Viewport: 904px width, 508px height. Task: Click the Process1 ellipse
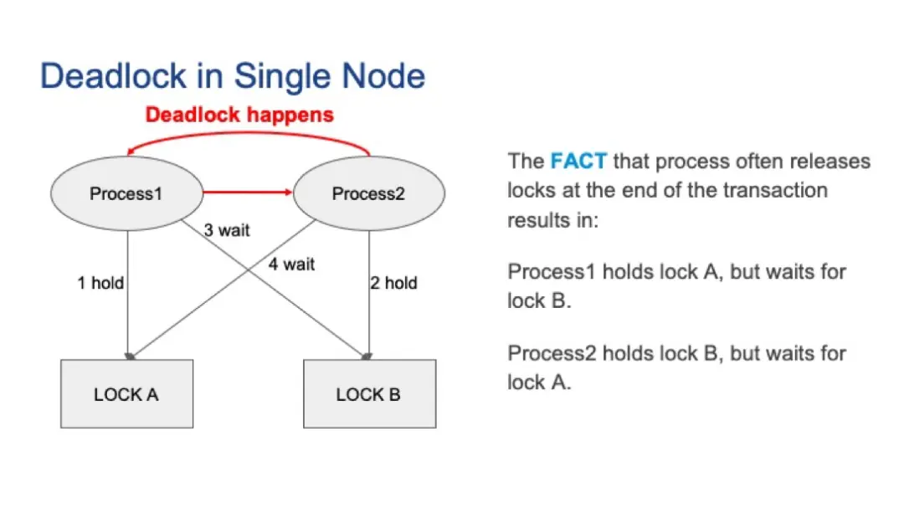click(127, 194)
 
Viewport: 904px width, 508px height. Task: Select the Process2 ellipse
click(369, 194)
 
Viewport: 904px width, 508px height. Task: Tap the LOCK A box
click(127, 394)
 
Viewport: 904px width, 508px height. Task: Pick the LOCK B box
click(370, 394)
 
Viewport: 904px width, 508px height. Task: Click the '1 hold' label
click(100, 283)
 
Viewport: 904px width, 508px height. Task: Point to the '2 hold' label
click(393, 283)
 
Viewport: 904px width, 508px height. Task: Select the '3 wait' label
click(227, 230)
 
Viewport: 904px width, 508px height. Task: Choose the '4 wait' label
click(291, 264)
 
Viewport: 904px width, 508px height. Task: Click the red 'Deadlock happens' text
click(239, 115)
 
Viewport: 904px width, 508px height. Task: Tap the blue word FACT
click(578, 161)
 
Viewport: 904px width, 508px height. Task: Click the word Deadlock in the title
click(114, 76)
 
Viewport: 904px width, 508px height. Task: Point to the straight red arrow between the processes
click(248, 192)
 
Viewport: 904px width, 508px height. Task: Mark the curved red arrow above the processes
click(248, 134)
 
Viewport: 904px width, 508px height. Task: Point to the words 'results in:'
click(553, 220)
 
